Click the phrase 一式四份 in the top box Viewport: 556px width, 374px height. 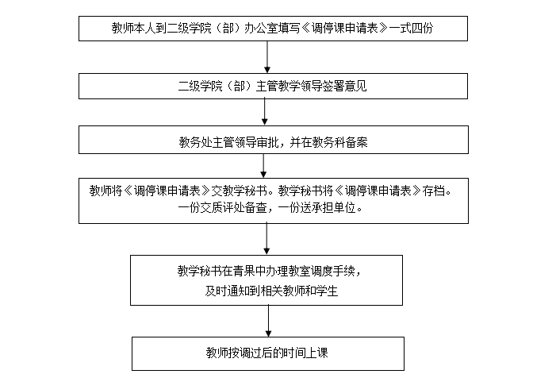(x=412, y=28)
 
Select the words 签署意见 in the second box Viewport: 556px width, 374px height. (x=345, y=87)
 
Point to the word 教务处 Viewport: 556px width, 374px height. (x=195, y=142)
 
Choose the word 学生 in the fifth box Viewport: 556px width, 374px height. (x=327, y=291)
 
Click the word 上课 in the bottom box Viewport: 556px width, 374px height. (x=316, y=353)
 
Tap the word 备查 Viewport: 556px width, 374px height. (x=256, y=208)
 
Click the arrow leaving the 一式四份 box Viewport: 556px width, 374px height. (x=267, y=57)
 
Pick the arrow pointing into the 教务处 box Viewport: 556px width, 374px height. (x=265, y=112)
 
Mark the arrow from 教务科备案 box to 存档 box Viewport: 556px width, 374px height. (x=263, y=166)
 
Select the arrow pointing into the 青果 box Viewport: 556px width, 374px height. (x=266, y=239)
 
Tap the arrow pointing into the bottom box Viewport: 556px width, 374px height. (x=268, y=321)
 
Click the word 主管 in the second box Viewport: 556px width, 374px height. (x=267, y=87)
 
